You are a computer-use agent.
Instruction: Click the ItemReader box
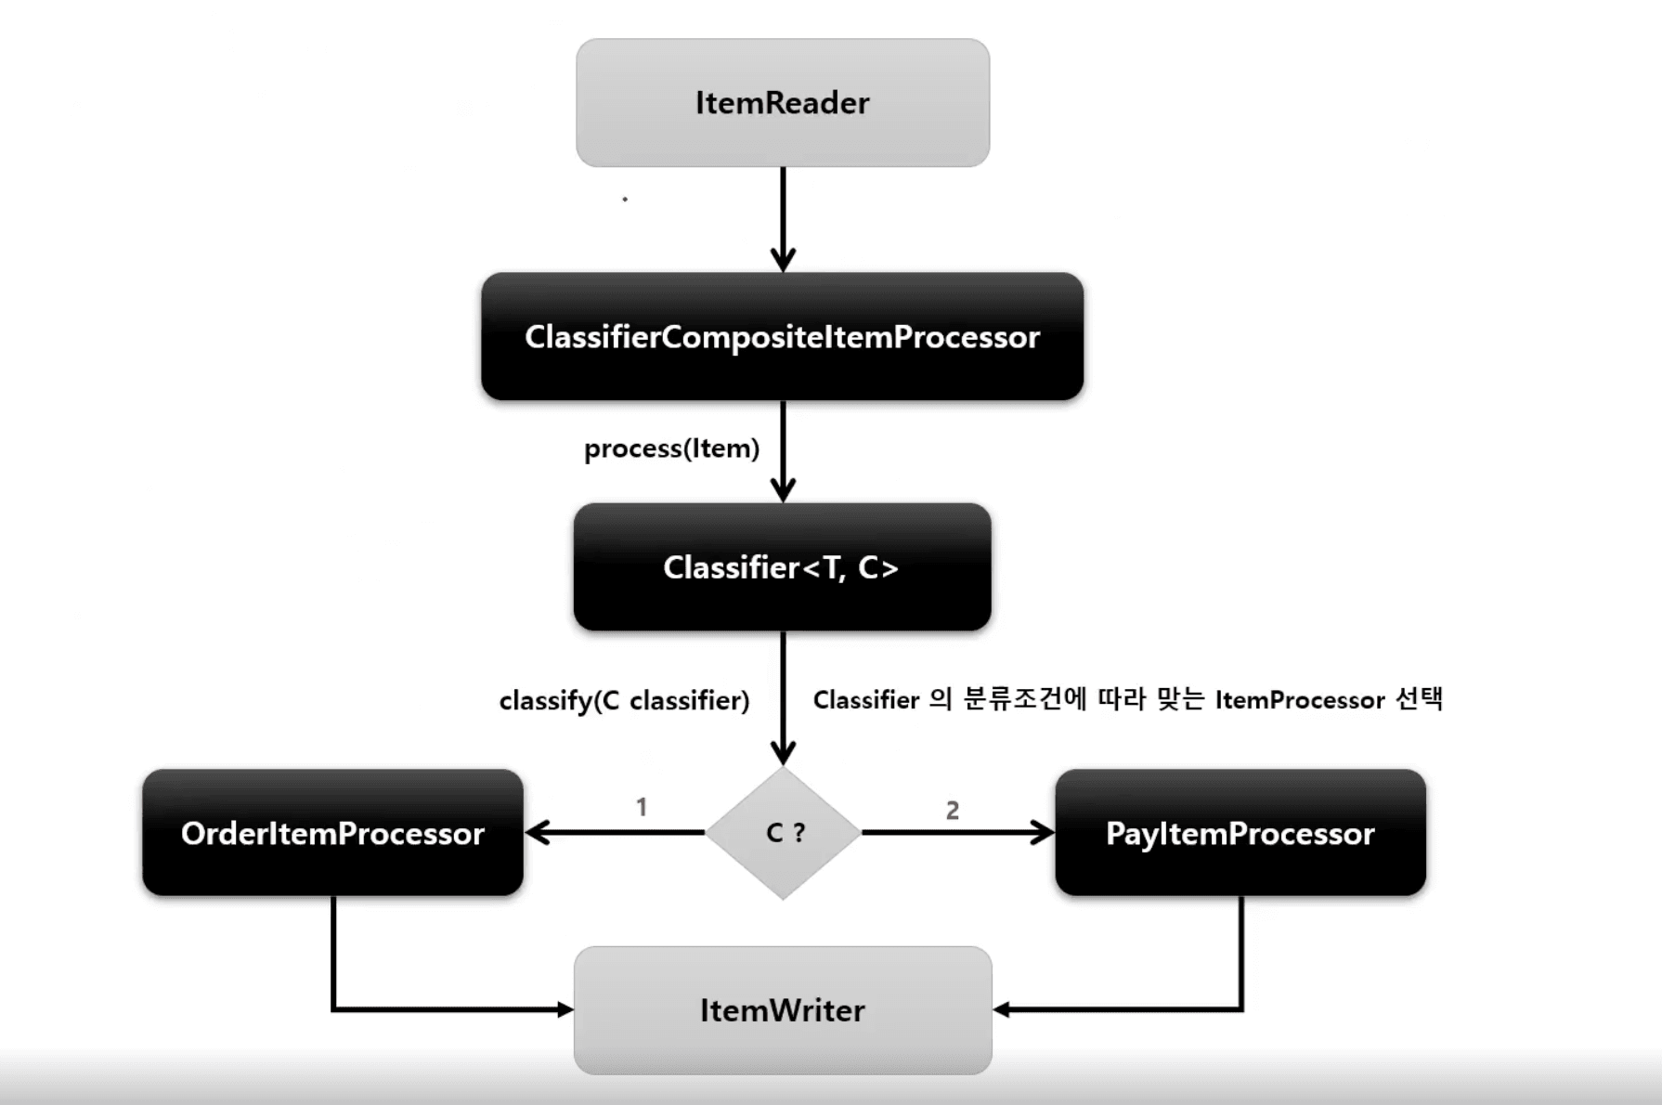783,103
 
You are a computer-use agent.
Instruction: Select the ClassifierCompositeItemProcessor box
782,336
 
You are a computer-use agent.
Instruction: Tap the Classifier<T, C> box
782,566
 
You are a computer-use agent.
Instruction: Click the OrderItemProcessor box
332,833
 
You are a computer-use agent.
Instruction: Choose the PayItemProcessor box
1240,833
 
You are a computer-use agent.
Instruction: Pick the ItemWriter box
783,1010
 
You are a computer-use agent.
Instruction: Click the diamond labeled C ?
784,833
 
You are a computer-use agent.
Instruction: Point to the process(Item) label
671,448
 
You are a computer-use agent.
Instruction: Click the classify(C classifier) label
624,700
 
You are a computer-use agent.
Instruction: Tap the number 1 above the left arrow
641,807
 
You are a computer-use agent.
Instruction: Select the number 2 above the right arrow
953,811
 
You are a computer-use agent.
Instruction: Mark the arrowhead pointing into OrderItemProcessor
537,833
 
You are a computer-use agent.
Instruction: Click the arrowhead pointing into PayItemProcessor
1043,833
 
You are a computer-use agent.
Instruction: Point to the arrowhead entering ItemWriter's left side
565,1009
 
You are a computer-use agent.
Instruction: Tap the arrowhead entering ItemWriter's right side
1003,1009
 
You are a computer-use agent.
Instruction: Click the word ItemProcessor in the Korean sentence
1300,700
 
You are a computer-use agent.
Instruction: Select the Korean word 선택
1420,699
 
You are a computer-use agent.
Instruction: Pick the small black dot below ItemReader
625,199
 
